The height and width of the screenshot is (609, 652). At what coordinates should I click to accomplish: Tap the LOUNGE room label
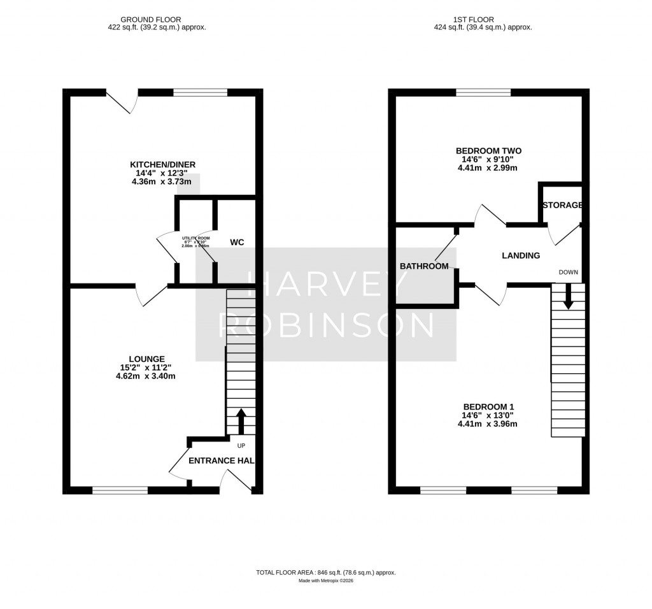pos(146,359)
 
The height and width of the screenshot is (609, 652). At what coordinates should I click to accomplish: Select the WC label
pos(237,242)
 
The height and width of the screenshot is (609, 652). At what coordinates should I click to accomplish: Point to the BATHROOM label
pos(424,266)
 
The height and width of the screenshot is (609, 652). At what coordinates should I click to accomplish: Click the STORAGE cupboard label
pos(562,205)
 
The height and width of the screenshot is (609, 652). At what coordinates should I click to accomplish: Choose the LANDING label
pos(521,255)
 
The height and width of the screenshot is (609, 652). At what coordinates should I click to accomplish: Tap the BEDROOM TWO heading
pos(488,151)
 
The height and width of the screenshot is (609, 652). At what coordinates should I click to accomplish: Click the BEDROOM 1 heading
pos(488,407)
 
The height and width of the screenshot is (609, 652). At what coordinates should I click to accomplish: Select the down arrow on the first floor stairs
pos(568,296)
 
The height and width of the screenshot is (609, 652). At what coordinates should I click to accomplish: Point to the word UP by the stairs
pos(241,445)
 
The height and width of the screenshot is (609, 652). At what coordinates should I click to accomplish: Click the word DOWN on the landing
pos(568,272)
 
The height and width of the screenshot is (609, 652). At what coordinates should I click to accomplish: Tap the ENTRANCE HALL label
pos(221,461)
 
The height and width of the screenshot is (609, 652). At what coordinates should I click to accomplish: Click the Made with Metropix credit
pos(326,581)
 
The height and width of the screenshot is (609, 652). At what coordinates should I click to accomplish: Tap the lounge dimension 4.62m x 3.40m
pos(146,376)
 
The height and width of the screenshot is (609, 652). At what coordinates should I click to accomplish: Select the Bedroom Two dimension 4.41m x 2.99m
pos(488,168)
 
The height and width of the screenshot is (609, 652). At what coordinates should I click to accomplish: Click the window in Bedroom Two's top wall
pos(483,93)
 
